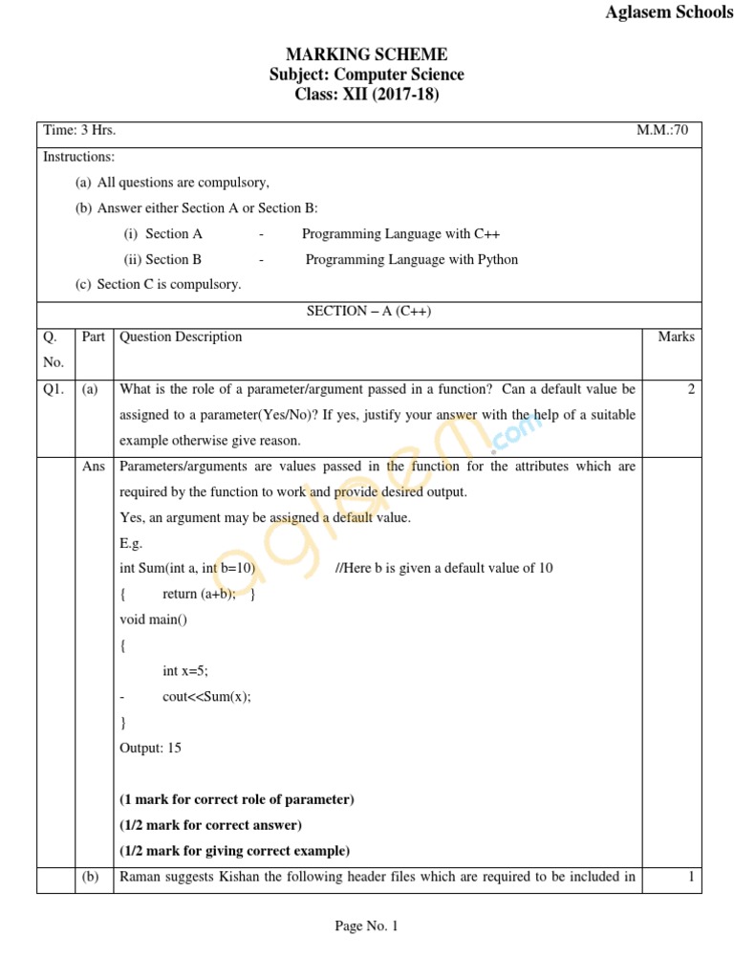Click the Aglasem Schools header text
click(669, 12)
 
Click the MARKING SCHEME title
click(367, 54)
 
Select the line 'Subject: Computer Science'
click(367, 75)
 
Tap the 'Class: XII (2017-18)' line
click(367, 95)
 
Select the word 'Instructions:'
click(79, 157)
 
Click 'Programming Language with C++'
click(400, 233)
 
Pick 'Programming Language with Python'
click(412, 259)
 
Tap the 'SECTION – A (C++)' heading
click(369, 312)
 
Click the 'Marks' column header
click(677, 337)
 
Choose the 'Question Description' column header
click(181, 337)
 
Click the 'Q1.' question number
click(54, 389)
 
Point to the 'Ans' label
click(94, 467)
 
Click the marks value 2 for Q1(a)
click(690, 389)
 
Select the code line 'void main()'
click(154, 620)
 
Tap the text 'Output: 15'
click(150, 748)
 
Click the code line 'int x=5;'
click(185, 671)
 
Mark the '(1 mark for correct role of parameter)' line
click(236, 799)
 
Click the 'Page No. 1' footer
click(366, 925)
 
